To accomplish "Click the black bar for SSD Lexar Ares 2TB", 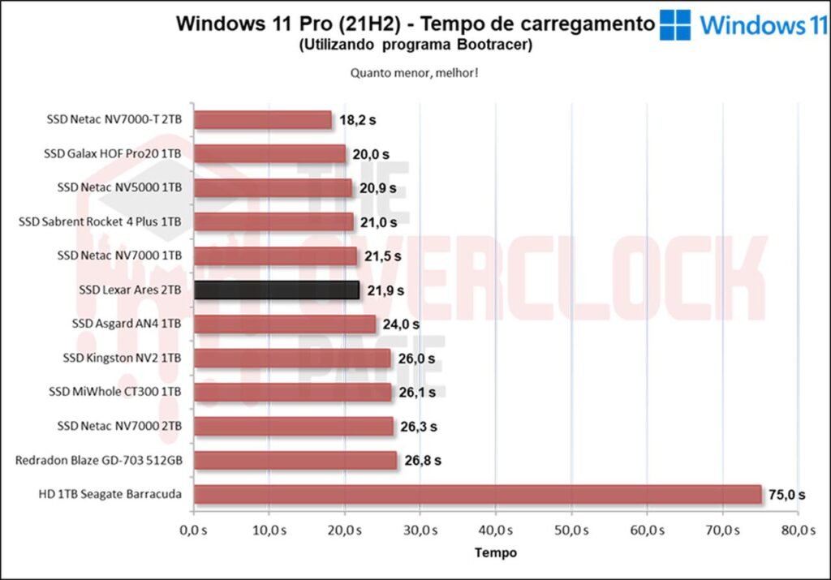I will pos(276,290).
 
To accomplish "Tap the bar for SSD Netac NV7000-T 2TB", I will pos(263,120).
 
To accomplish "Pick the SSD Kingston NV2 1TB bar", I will pos(292,359).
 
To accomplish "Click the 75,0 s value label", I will pos(787,494).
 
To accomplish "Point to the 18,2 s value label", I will pos(358,120).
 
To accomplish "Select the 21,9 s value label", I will pos(385,290).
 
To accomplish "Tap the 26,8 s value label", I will pos(423,461).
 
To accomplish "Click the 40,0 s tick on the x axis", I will pos(495,531).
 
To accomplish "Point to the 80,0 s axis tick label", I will pos(798,531).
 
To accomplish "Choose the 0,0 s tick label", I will pos(193,531).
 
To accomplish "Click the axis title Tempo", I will pos(495,552).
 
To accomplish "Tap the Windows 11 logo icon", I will pos(675,24).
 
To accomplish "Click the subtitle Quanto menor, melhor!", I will pos(414,72).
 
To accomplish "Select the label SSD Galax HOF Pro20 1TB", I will pos(113,153).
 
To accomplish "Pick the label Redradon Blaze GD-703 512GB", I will pos(98,461).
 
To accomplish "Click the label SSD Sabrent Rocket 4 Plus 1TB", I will pos(100,221).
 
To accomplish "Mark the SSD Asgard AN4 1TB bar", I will pos(285,324).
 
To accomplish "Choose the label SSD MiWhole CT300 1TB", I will pos(114,393).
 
